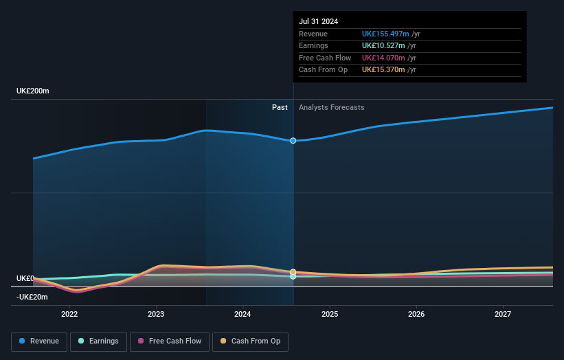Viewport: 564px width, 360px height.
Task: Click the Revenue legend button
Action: click(x=40, y=341)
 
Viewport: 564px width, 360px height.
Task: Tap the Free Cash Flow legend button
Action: click(x=168, y=341)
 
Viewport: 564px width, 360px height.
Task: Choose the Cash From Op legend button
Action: click(x=250, y=341)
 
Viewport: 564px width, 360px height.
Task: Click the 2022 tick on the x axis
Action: click(x=69, y=315)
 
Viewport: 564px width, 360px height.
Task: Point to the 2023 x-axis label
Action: click(x=156, y=315)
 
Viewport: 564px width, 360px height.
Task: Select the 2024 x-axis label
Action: click(x=242, y=315)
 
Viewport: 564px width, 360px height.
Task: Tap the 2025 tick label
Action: click(x=330, y=315)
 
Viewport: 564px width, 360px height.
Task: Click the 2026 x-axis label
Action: click(x=416, y=315)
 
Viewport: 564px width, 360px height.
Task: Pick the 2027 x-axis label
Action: click(x=503, y=315)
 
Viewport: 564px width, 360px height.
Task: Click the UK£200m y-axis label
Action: click(x=33, y=91)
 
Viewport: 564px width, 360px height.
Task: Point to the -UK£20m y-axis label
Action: click(x=32, y=297)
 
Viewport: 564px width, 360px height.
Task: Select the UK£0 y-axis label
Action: click(x=25, y=278)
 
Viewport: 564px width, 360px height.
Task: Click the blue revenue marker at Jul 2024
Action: click(x=293, y=141)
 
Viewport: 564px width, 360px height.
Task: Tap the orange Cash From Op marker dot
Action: click(x=293, y=272)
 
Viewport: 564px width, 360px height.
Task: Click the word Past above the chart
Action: click(x=280, y=107)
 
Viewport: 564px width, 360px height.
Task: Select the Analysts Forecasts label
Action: click(x=332, y=107)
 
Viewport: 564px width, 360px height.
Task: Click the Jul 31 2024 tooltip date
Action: click(x=318, y=22)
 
